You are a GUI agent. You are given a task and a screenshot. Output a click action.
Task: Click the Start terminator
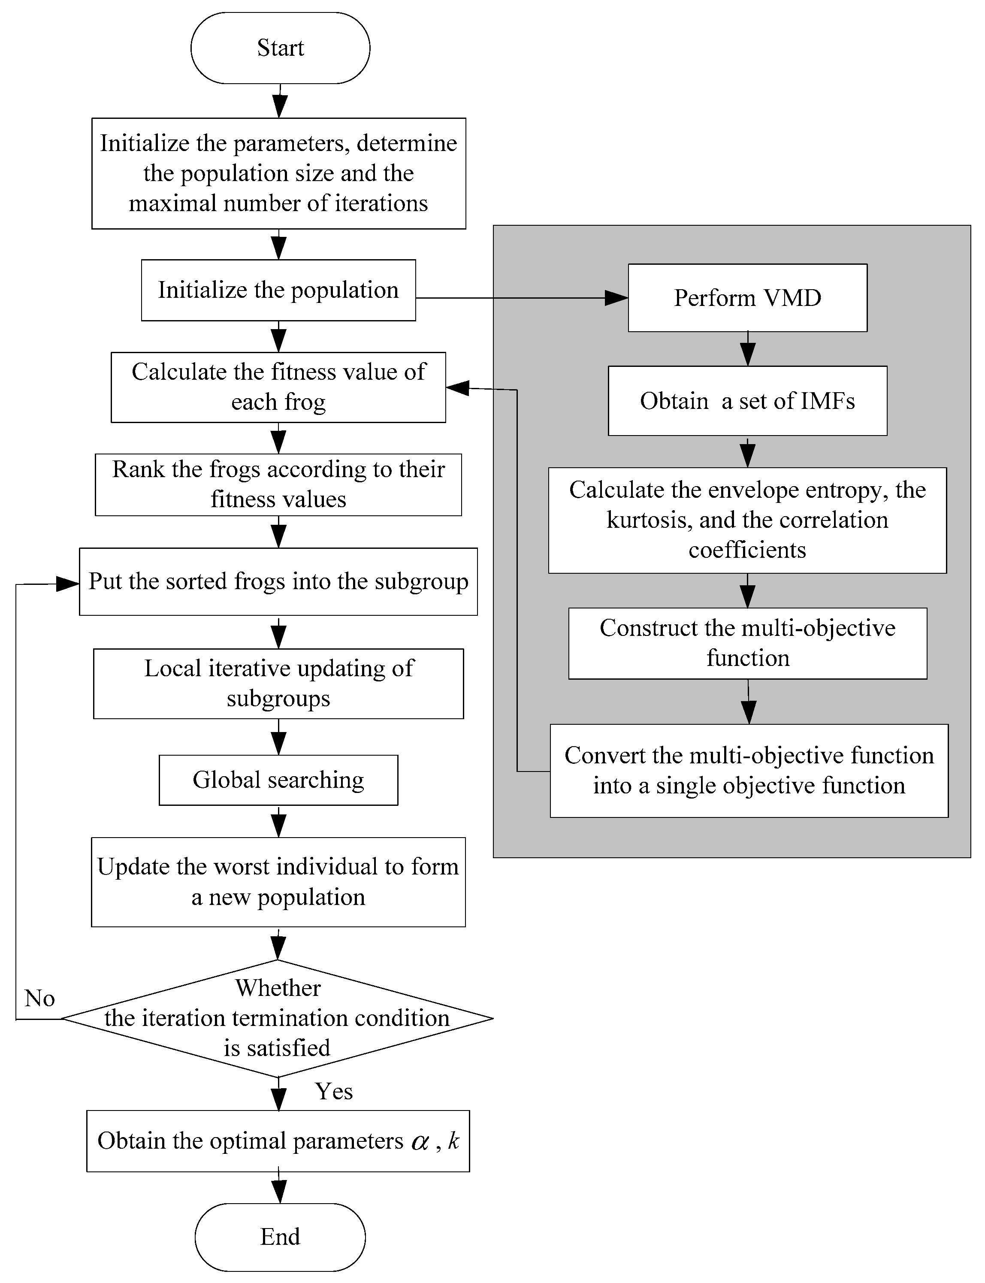click(x=280, y=48)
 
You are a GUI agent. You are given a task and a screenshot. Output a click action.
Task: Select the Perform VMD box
click(x=747, y=298)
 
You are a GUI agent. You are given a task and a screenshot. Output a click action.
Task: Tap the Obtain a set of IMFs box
click(x=747, y=401)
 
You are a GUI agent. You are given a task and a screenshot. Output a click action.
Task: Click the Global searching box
click(x=278, y=780)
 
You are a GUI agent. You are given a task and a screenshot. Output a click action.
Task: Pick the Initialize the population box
click(x=278, y=290)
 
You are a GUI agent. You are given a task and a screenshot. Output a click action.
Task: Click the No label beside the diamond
click(x=40, y=998)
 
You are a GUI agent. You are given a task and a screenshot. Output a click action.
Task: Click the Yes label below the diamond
click(x=334, y=1091)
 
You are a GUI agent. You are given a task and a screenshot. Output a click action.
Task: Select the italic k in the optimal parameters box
click(x=453, y=1141)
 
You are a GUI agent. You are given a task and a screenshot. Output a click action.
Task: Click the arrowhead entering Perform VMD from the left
click(x=617, y=298)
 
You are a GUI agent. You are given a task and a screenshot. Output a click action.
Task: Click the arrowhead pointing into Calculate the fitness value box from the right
click(x=457, y=387)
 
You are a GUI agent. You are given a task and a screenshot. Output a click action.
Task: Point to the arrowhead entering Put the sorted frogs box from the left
click(x=67, y=584)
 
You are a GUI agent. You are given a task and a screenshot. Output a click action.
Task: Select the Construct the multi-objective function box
click(x=747, y=643)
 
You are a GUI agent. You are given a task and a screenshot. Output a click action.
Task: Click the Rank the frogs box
click(x=278, y=484)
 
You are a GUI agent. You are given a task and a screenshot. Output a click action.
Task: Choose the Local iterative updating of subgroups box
click(x=278, y=683)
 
